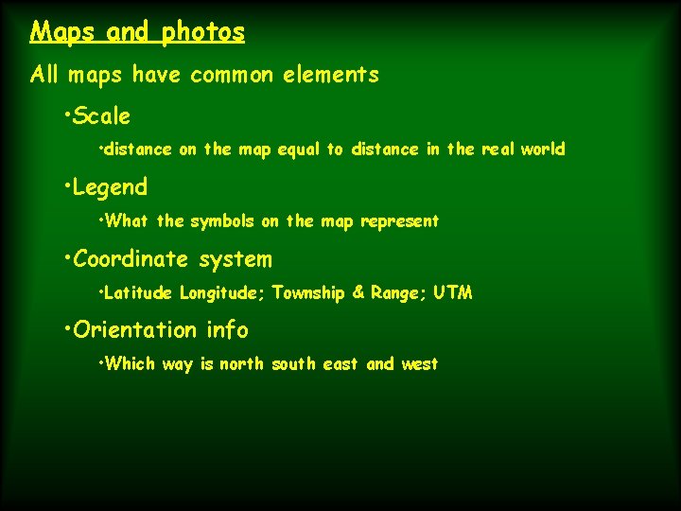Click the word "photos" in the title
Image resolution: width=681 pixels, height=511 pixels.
coord(202,33)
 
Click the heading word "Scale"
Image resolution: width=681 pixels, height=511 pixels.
coord(102,117)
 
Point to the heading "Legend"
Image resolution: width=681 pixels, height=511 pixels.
coord(110,187)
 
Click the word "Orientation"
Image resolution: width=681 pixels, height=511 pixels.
coord(136,330)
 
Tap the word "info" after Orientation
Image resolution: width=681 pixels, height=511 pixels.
coord(227,330)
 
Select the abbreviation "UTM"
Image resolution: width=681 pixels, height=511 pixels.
coord(453,293)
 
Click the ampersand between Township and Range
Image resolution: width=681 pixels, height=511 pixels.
coord(358,293)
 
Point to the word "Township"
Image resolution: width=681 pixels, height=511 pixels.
coord(308,293)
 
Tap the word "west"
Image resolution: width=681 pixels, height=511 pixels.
coord(419,364)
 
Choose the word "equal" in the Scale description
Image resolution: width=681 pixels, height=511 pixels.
coord(299,150)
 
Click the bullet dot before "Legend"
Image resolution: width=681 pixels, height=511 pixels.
coord(68,185)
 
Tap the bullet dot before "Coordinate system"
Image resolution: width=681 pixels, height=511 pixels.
coord(68,257)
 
